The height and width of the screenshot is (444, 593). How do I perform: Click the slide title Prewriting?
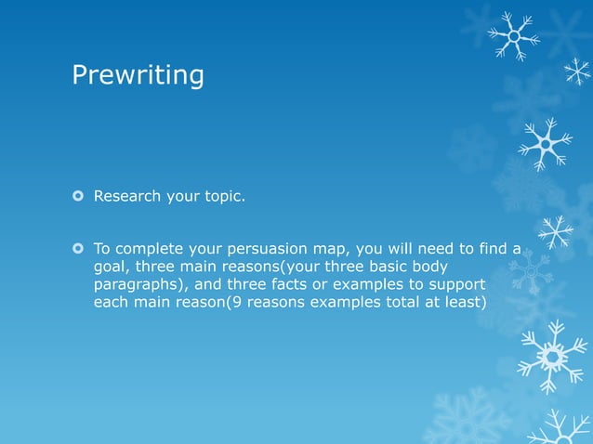[138, 75]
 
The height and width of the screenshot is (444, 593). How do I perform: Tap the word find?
[488, 249]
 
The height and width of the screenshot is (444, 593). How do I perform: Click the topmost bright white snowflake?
[514, 35]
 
